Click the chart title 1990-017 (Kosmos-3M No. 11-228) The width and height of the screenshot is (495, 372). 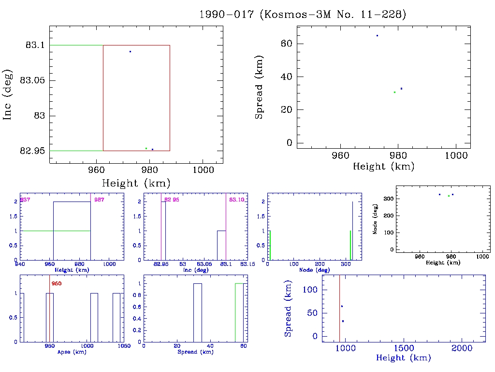pos(303,15)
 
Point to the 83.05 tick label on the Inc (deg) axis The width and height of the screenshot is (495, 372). pos(32,80)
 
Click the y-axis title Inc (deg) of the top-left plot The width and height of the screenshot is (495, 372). pos(8,98)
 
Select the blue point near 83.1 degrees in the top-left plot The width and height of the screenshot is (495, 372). pos(130,51)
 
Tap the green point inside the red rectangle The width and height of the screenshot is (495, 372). pos(146,148)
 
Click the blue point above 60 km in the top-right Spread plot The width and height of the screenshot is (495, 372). pos(377,35)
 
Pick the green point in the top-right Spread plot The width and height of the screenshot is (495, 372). pos(394,92)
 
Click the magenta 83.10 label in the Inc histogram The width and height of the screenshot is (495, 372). pos(236,200)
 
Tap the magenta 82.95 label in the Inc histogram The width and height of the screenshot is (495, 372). pos(172,200)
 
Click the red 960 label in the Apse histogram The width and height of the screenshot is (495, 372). pos(57,283)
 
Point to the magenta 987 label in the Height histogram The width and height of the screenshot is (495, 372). pos(100,200)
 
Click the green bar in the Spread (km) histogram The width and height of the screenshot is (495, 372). pos(239,312)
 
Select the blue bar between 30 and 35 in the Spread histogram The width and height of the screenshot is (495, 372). pos(197,312)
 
